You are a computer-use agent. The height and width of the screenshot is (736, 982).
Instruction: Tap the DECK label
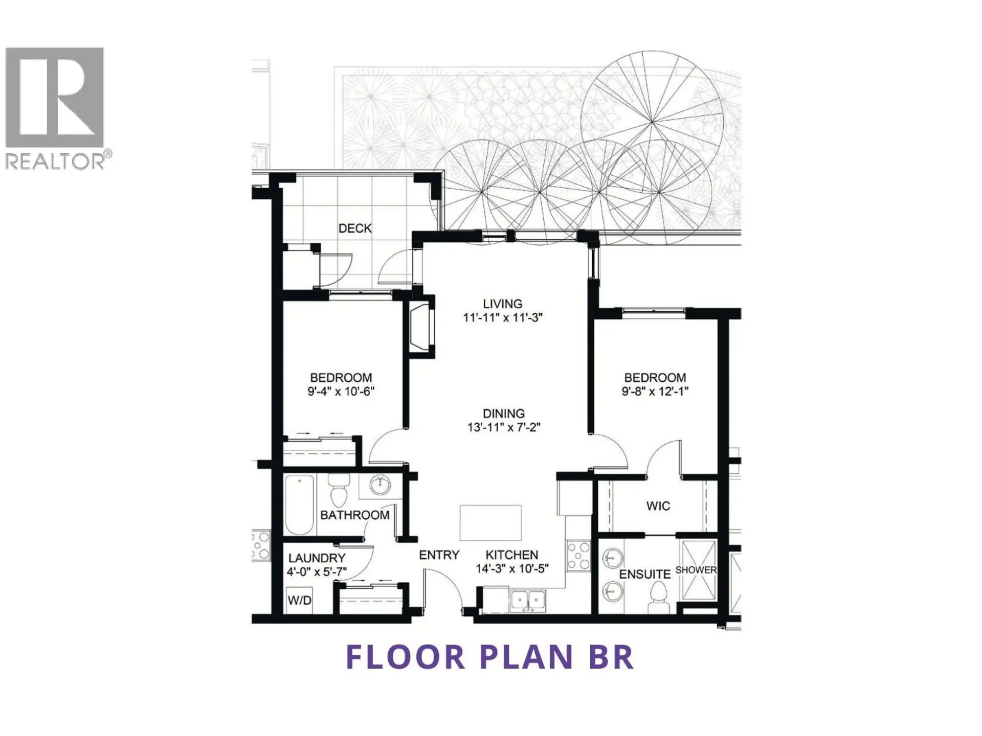pos(355,228)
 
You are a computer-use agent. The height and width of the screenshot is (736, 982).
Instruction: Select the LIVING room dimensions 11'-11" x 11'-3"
pos(502,317)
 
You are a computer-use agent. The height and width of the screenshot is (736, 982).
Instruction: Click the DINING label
pos(503,413)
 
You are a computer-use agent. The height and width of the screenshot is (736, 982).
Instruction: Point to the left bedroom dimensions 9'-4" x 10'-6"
pos(341,392)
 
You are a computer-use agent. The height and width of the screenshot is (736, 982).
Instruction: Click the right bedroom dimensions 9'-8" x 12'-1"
pos(655,392)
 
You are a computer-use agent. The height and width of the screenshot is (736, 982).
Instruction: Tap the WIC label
pos(658,506)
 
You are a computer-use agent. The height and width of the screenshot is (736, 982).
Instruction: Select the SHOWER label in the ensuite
pos(696,570)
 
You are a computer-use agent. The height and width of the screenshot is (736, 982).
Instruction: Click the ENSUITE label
pos(644,574)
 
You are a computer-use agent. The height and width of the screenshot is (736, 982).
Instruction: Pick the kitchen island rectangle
pos(490,522)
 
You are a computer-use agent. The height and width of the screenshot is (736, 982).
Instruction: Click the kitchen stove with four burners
pos(578,556)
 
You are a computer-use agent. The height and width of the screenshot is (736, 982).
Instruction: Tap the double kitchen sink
pos(528,600)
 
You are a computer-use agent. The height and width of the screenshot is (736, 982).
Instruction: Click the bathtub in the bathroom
pos(299,504)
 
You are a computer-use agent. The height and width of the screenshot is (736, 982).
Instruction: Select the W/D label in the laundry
pos(299,600)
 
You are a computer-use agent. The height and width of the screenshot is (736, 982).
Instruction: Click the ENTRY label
pos(439,555)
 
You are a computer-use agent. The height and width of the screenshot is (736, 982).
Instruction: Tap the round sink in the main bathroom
pos(380,485)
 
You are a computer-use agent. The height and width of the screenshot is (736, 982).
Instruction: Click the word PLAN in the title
pos(526,657)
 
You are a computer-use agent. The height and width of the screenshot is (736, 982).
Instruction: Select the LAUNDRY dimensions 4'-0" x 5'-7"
pos(317,572)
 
